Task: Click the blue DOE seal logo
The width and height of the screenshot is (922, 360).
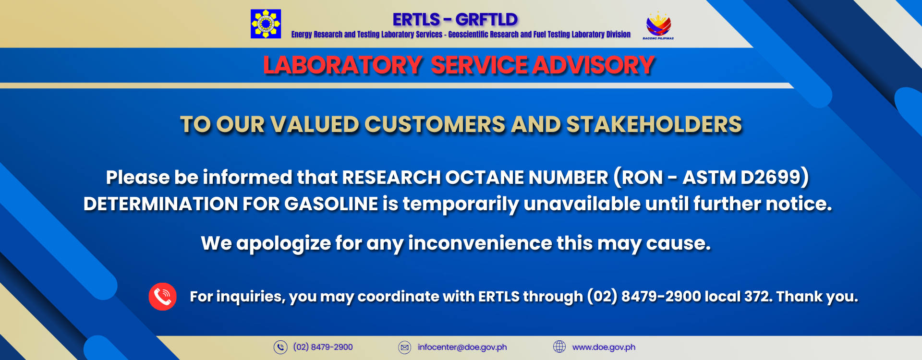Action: click(266, 24)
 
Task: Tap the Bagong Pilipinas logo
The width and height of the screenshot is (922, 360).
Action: click(658, 25)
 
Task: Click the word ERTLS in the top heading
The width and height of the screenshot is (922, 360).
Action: click(416, 20)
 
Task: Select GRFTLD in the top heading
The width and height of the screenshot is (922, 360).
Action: click(486, 20)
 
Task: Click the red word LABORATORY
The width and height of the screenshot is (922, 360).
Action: click(342, 65)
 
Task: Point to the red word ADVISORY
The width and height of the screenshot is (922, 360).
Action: click(594, 65)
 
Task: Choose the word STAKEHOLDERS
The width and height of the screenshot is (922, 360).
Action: click(654, 125)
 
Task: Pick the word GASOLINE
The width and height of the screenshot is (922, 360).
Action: click(331, 204)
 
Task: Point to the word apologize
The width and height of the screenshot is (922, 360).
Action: click(283, 244)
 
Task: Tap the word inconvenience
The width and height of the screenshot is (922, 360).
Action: click(480, 243)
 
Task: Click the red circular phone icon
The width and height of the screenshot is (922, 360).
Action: click(163, 297)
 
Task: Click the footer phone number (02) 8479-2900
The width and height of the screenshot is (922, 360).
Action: click(323, 347)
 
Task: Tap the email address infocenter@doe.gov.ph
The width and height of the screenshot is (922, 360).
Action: click(462, 347)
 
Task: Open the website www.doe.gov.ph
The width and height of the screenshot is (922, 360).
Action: click(604, 347)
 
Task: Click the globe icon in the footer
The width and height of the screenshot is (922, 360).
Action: click(559, 347)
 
